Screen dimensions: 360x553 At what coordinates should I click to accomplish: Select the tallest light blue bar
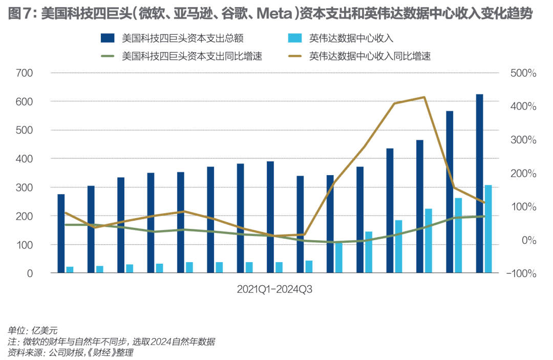[x=488, y=229]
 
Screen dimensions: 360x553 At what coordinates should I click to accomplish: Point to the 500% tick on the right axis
[x=523, y=73]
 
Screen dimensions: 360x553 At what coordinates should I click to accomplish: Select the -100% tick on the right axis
[x=521, y=273]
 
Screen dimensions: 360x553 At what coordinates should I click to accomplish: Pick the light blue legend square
[x=295, y=38]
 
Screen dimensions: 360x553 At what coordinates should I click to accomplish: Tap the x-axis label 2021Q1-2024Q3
[x=274, y=289]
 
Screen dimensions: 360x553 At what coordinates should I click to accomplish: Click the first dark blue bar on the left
[x=61, y=234]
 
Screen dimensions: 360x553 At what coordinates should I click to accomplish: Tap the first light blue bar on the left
[x=70, y=270]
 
